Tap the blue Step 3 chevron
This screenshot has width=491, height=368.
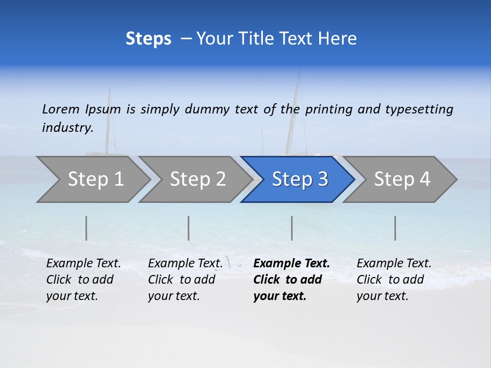click(299, 179)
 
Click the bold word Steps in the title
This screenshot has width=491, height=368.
click(148, 39)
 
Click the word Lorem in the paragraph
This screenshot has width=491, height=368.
click(61, 109)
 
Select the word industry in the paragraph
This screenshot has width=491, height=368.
click(68, 127)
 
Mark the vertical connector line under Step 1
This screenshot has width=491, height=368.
click(86, 228)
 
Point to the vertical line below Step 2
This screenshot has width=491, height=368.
click(189, 228)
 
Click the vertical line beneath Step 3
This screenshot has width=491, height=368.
click(292, 228)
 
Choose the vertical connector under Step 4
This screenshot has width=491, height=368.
click(395, 228)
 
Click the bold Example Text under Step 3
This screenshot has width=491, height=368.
click(292, 264)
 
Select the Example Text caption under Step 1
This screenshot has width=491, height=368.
click(83, 264)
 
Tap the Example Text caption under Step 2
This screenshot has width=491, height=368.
click(185, 264)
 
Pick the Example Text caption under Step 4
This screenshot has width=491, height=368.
click(394, 264)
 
